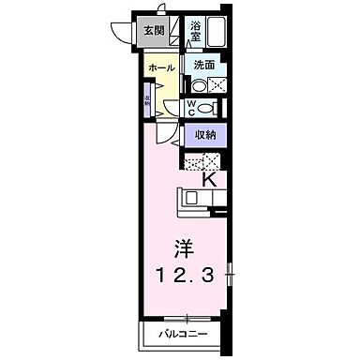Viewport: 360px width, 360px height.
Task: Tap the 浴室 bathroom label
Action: click(196, 29)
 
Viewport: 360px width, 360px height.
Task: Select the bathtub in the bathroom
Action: click(219, 34)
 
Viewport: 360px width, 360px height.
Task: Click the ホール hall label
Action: click(160, 68)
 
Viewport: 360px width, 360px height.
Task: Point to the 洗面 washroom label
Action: click(205, 65)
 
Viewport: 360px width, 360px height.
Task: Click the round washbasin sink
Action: click(197, 83)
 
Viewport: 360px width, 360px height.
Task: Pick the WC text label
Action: click(191, 108)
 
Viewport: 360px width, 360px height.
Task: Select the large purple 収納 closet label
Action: click(206, 135)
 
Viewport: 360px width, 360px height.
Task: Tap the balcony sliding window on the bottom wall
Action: click(187, 317)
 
